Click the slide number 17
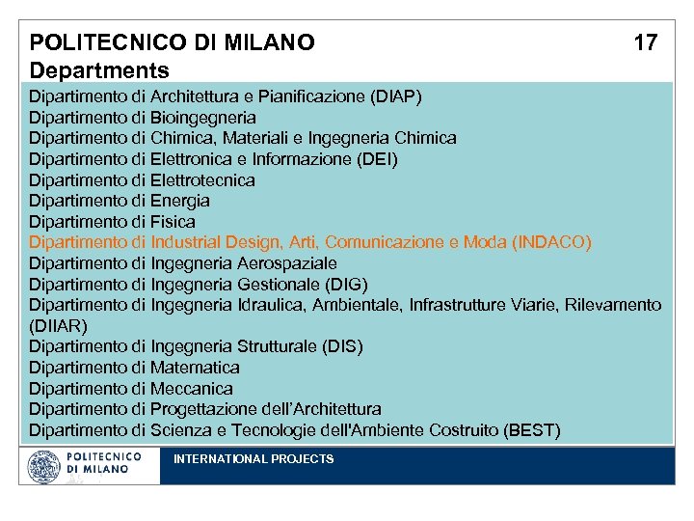pos(646,42)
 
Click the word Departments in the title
pos(99,70)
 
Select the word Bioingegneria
pos(203,118)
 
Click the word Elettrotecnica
pos(203,180)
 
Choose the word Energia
pos(180,201)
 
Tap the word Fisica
pos(173,222)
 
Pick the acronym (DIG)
pos(349,284)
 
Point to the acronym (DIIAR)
pos(59,326)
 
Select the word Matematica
pos(196,368)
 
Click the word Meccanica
pos(192,389)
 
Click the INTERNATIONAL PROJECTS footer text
pos(254,459)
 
